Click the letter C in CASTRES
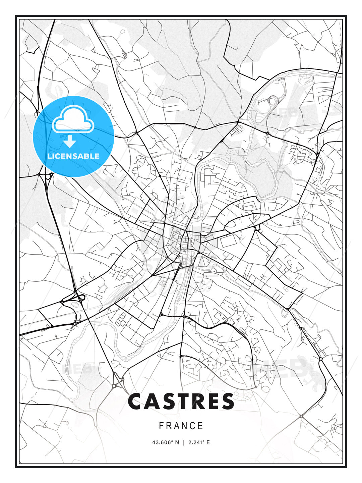136,401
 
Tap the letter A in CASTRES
154,401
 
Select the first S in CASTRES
170,401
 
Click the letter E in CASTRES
216,401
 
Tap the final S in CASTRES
229,401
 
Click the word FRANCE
181,426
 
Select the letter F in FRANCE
161,426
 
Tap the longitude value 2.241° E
199,442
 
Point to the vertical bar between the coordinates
183,442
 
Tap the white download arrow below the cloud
70,142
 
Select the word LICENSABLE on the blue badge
73,156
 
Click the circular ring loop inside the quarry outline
272,100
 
